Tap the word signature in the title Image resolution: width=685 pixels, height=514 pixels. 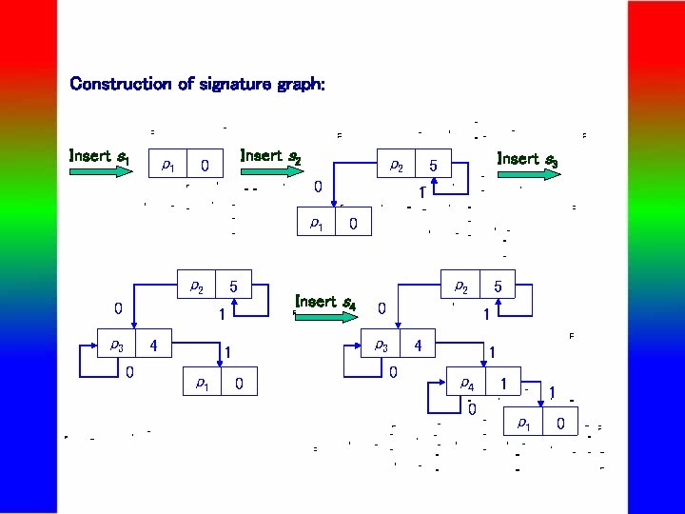(x=236, y=84)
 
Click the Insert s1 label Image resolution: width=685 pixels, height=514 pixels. (x=100, y=155)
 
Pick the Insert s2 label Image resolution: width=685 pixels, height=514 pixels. (x=271, y=155)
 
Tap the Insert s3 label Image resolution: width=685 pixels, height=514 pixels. (x=527, y=159)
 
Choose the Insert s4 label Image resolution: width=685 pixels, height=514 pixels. (x=325, y=302)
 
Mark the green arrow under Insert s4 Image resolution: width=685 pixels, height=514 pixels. (x=323, y=316)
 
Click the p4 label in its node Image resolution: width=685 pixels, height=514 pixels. (x=467, y=384)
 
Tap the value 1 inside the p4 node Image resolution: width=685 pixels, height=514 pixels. (x=501, y=384)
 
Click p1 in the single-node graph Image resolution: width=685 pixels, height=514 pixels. (x=168, y=166)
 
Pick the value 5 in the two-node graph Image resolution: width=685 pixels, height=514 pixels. (x=433, y=166)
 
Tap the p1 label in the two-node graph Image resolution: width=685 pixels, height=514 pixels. (x=316, y=224)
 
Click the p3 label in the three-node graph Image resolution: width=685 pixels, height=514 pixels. (x=116, y=345)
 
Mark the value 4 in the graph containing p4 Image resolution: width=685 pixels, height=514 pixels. (x=418, y=345)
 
